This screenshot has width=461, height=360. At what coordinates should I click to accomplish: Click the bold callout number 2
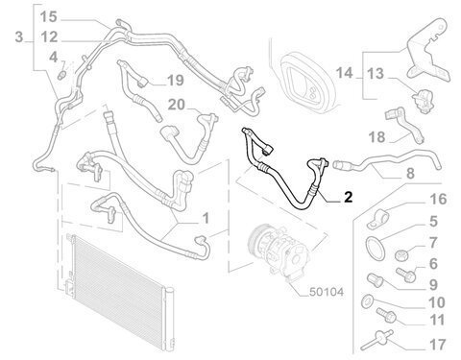348,197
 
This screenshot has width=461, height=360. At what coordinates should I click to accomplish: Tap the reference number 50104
327,292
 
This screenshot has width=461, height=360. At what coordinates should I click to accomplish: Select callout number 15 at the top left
49,16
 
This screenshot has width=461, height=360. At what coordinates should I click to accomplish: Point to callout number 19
176,80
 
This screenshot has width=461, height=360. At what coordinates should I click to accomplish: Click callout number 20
177,105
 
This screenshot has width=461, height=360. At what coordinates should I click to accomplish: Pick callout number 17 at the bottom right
437,345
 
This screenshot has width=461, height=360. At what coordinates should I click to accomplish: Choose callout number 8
410,173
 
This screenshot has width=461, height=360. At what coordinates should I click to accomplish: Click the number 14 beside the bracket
344,73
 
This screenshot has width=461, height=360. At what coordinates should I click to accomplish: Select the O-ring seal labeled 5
375,247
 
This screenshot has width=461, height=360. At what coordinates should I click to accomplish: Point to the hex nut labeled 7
401,254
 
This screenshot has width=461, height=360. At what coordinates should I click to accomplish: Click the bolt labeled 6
405,275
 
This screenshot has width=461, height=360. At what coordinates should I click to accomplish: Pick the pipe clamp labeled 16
378,219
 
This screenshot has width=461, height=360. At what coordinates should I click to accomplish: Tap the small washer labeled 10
367,301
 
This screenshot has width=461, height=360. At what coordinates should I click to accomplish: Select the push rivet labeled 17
377,340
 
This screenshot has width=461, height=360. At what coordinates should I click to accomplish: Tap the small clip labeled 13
424,100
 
